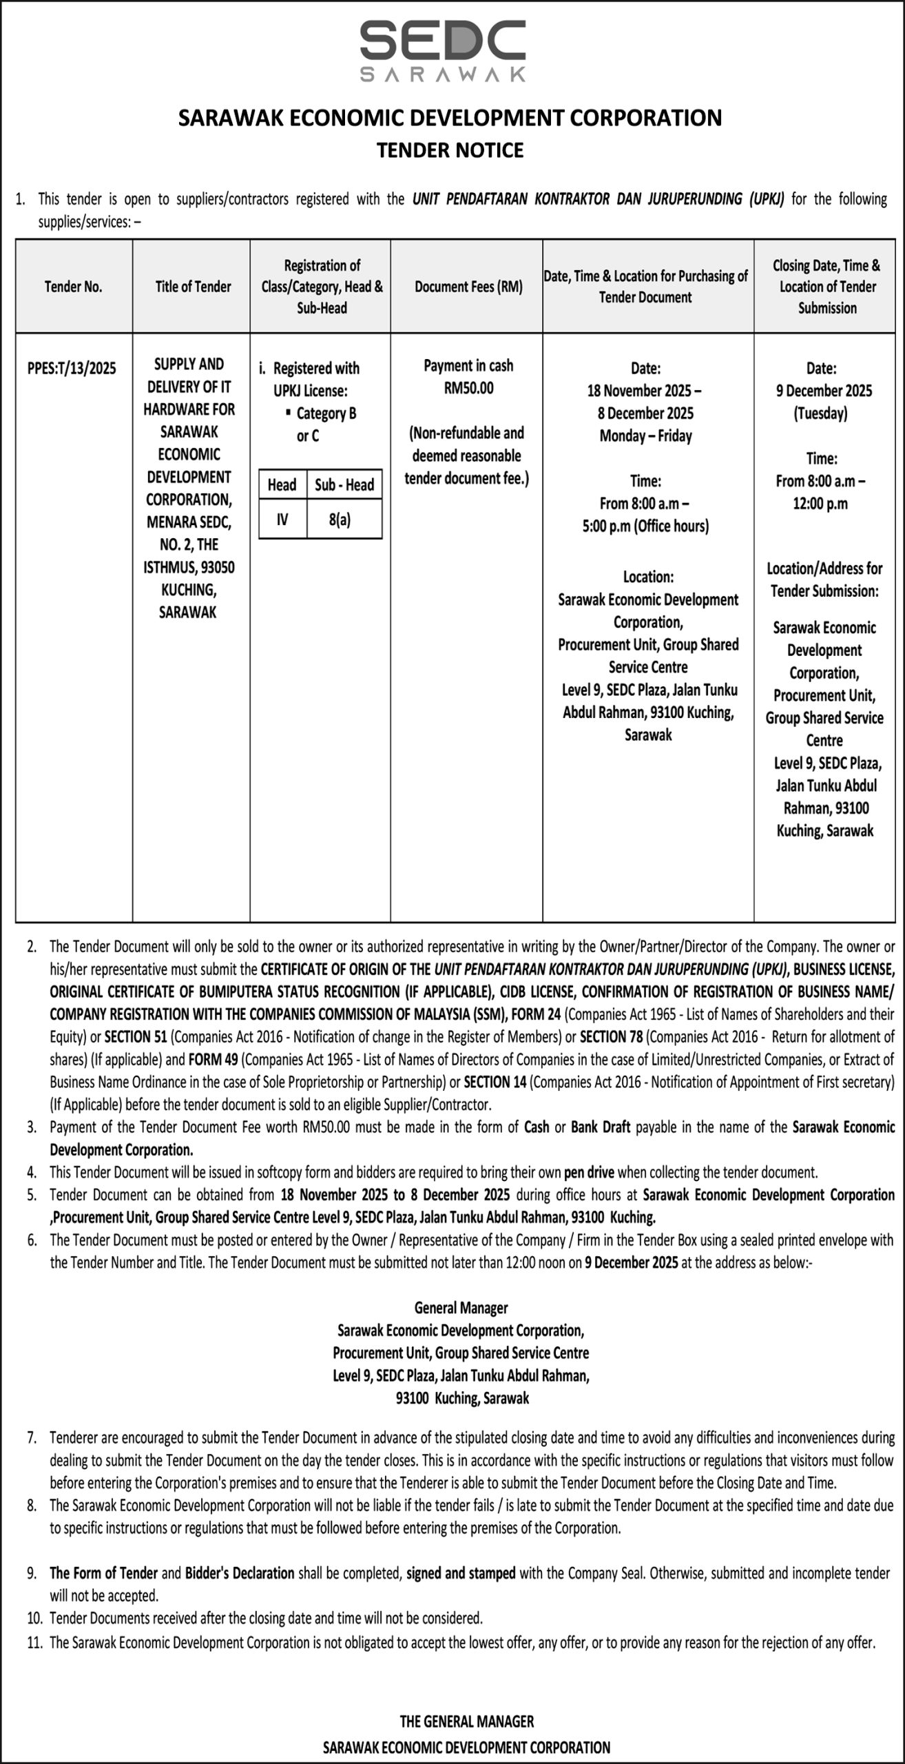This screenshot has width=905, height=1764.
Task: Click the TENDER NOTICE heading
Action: (450, 150)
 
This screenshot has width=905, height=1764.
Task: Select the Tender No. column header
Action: (73, 287)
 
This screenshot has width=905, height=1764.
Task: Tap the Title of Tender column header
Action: (193, 287)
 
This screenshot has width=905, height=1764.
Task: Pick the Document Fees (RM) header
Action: (468, 287)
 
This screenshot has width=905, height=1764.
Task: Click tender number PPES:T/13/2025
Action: (72, 368)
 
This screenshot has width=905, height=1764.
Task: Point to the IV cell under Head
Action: (282, 520)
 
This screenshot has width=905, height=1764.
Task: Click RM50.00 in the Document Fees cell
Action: (468, 388)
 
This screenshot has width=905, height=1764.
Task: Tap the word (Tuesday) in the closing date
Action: (821, 413)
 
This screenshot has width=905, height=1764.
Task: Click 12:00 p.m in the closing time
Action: (820, 503)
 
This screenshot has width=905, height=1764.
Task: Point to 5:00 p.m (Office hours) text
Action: (645, 526)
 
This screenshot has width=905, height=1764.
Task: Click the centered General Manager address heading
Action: (461, 1307)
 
